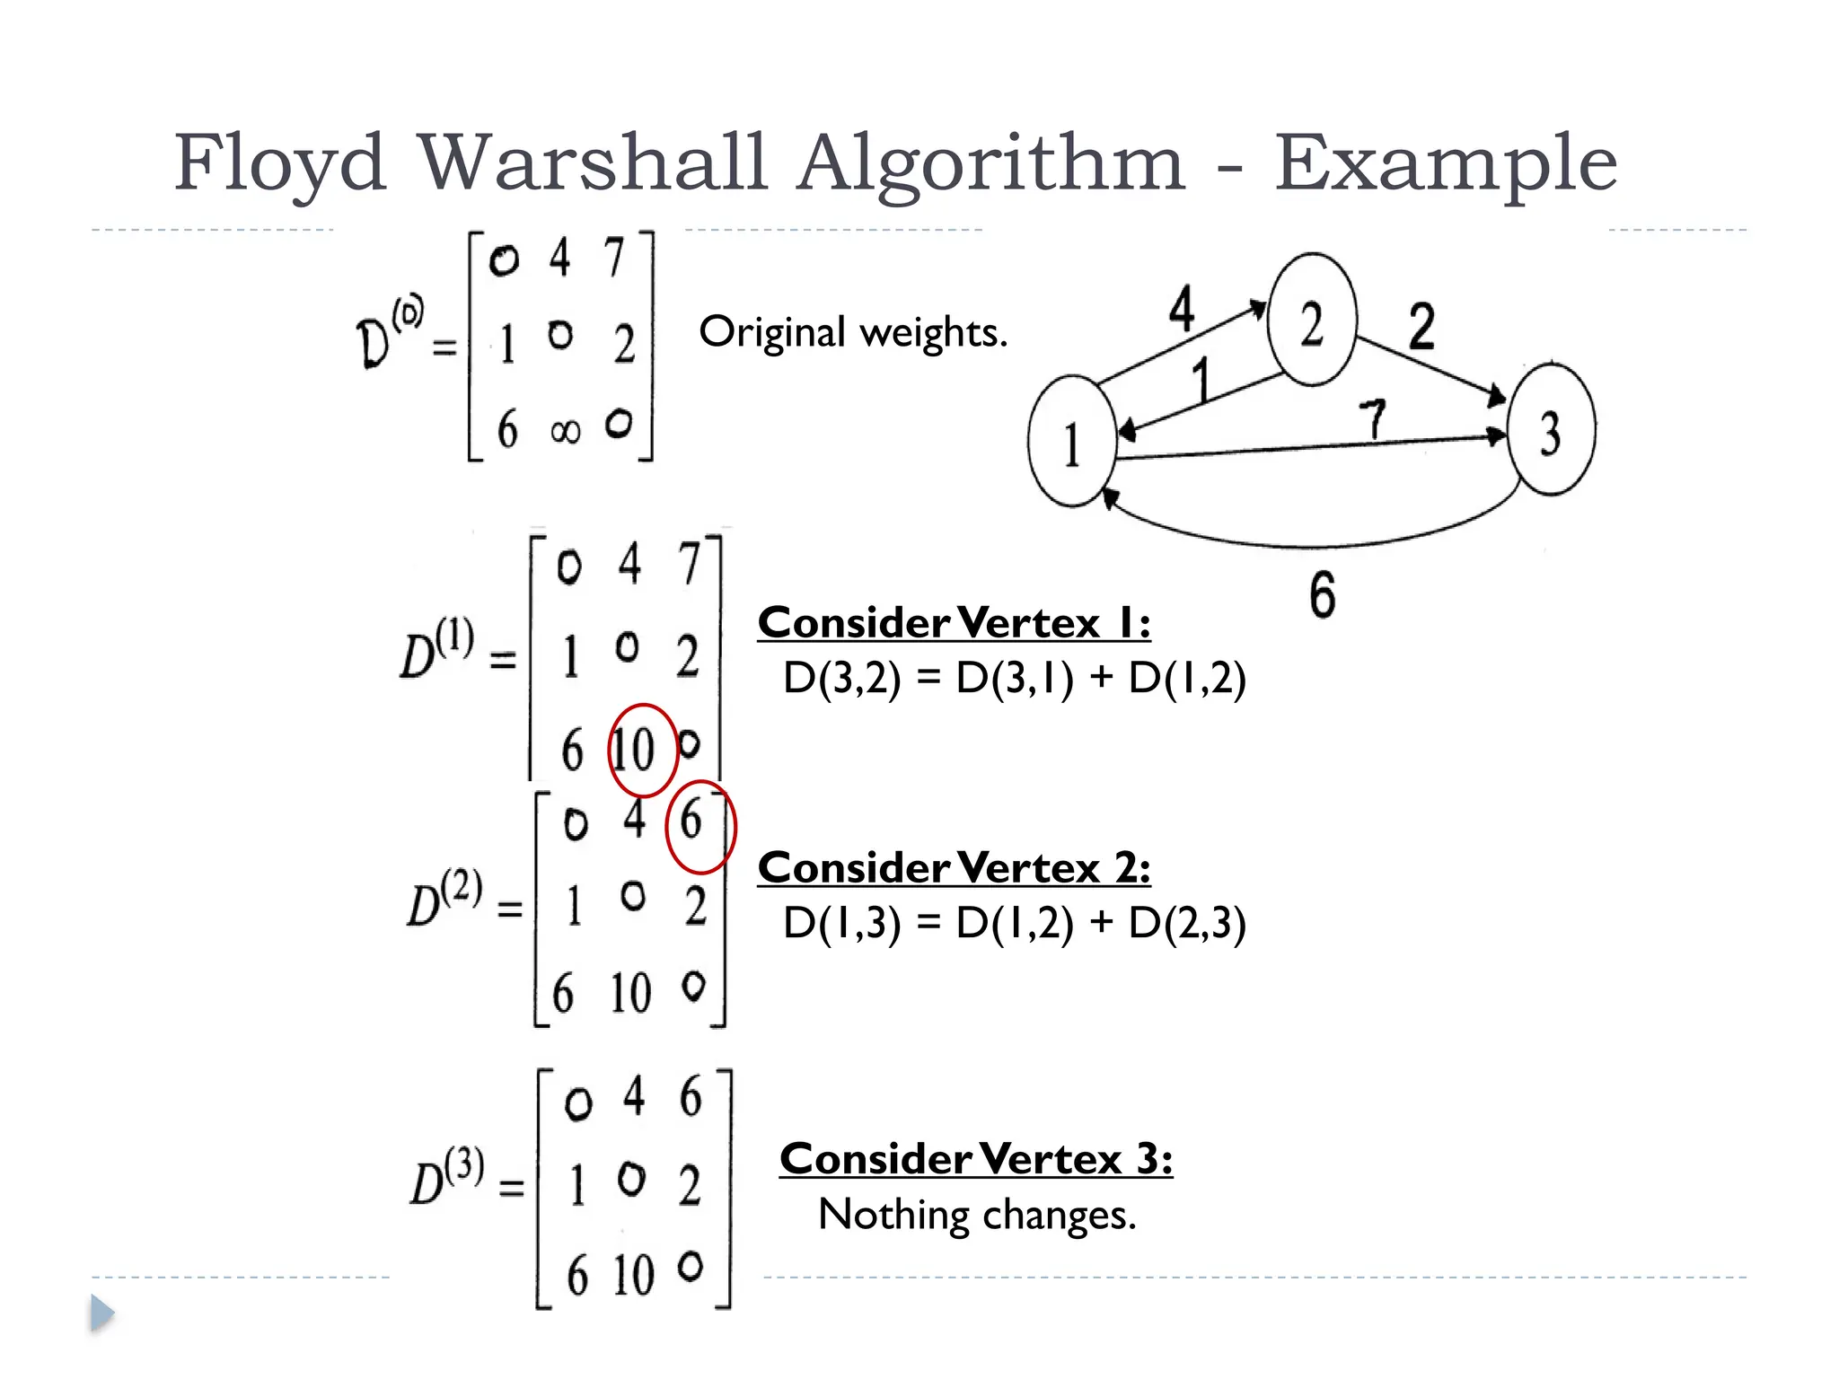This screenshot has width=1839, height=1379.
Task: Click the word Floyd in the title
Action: coord(279,164)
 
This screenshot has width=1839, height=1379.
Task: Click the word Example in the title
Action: coord(1446,164)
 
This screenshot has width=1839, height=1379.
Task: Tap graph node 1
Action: coord(1071,443)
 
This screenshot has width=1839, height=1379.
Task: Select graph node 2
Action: coord(1311,321)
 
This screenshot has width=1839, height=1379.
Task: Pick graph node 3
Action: coord(1551,430)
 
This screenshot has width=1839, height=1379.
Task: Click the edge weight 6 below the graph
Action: coord(1322,595)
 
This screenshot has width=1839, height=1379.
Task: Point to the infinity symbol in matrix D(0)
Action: coord(565,432)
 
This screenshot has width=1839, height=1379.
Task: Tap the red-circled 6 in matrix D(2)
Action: coord(691,820)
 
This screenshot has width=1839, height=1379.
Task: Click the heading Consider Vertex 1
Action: coord(954,623)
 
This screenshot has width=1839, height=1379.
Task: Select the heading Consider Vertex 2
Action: coord(954,868)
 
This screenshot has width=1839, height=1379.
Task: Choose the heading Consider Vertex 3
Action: coord(976,1159)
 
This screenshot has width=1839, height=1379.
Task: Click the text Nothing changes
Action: coord(977,1215)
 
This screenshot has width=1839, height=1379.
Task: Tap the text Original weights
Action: coord(853,332)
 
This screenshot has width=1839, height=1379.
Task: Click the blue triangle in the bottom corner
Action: coord(101,1313)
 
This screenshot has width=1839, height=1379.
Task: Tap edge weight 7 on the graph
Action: coord(1372,418)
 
